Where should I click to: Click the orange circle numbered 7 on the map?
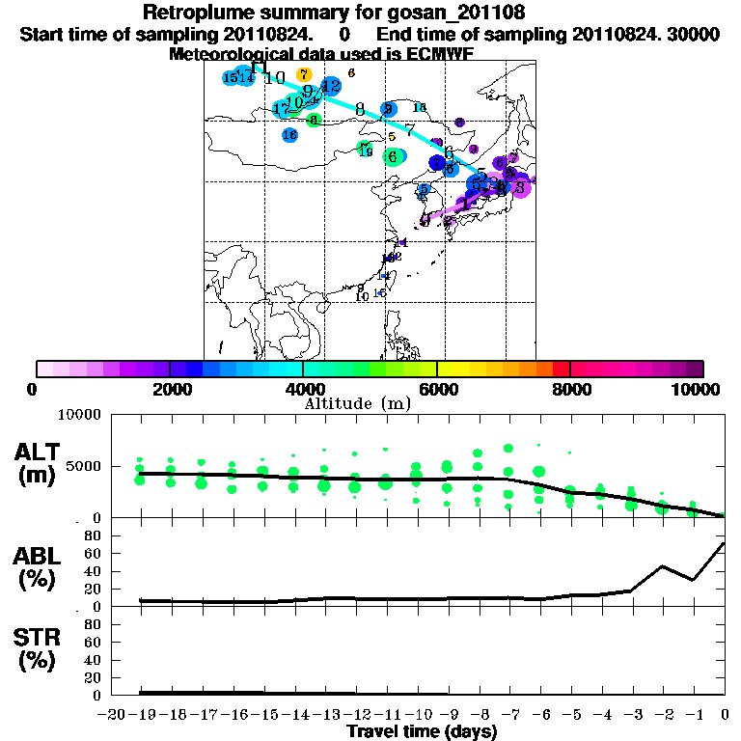coord(304,74)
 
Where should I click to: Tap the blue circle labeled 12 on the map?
coord(331,86)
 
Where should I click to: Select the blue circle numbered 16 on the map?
coord(289,135)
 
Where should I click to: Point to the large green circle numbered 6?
coord(393,156)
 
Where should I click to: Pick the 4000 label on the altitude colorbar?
coord(304,389)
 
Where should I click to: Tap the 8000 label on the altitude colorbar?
coord(571,389)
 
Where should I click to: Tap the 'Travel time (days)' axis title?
coord(422,732)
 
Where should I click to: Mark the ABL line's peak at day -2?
coord(663,566)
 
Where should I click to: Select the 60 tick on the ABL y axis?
coord(95,553)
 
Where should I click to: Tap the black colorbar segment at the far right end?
coord(695,369)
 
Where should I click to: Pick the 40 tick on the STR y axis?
coord(95,660)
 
